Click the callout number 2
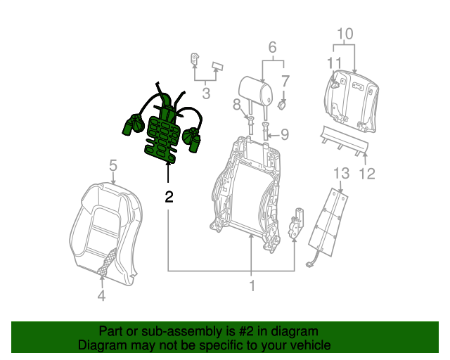pos(168,197)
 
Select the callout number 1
pos(251,286)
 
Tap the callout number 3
pos(206,92)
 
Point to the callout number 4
pos(101,296)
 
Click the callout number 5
pos(112,166)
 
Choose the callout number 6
pos(272,48)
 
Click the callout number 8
pos(237,105)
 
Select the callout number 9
pos(284,134)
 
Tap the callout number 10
pos(345,33)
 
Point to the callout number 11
pos(333,63)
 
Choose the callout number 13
pos(340,173)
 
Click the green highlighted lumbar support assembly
pos(164,130)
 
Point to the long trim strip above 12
pos(345,141)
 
